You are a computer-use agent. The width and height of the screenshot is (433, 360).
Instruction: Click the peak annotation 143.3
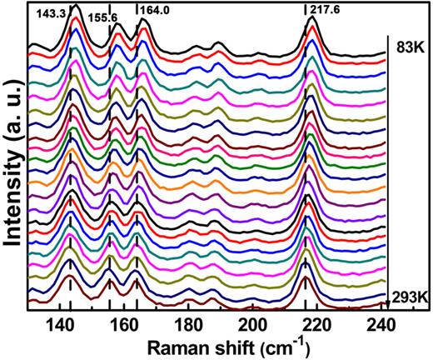click(52, 15)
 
